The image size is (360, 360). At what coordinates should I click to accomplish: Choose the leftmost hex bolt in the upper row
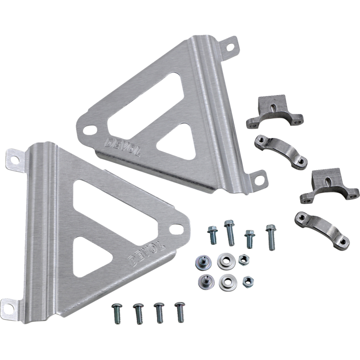(x=211, y=234)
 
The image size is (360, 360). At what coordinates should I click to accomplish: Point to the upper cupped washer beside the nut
(x=223, y=259)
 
